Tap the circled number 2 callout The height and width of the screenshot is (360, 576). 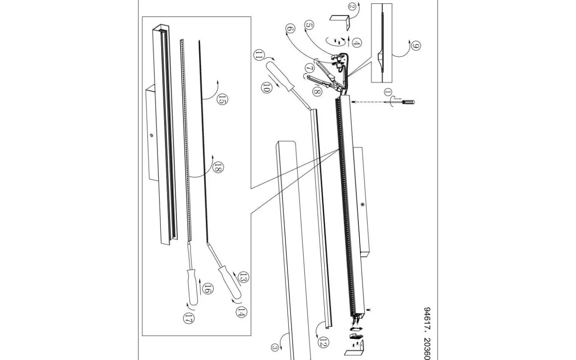pyautogui.click(x=352, y=7)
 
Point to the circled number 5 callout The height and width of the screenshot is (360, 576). pyautogui.click(x=309, y=26)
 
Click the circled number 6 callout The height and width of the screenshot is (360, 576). pyautogui.click(x=290, y=28)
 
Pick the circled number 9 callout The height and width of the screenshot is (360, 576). pyautogui.click(x=416, y=46)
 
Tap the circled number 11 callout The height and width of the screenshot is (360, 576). pyautogui.click(x=258, y=55)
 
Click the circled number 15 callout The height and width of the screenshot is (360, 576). pyautogui.click(x=222, y=99)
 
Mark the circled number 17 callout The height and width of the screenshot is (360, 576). pyautogui.click(x=188, y=318)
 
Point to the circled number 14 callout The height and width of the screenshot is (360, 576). pyautogui.click(x=241, y=312)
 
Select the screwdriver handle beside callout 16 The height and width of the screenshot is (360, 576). pyautogui.click(x=193, y=287)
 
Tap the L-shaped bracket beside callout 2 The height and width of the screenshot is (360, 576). pyautogui.click(x=340, y=21)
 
